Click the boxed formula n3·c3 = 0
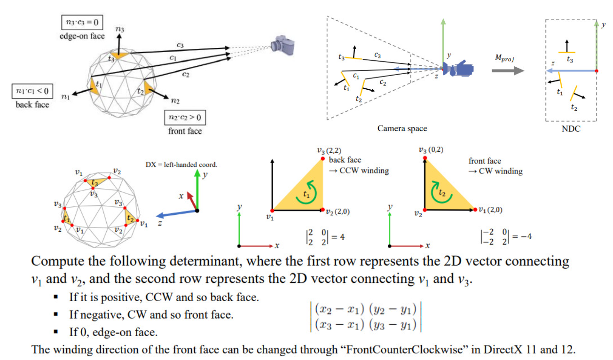tap(82, 22)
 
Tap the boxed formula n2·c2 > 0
tap(185, 117)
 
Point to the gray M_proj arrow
tap(508, 70)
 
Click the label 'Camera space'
tap(402, 128)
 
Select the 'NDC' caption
tap(571, 128)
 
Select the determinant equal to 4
tap(325, 237)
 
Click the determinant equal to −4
tap(505, 237)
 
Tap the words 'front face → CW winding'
tap(495, 166)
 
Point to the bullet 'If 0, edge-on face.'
tap(113, 332)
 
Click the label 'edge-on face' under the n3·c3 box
tap(82, 36)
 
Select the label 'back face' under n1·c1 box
tap(32, 105)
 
